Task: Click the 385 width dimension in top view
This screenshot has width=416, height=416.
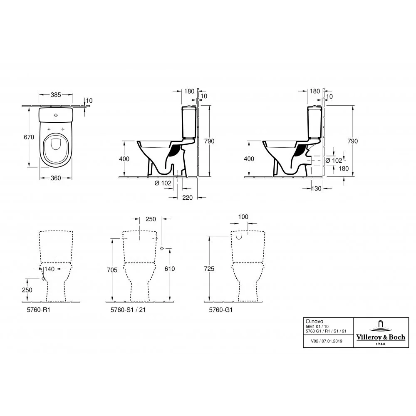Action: pos(56,95)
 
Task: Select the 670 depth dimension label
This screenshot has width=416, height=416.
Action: pos(29,137)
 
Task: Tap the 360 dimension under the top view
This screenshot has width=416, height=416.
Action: pos(56,178)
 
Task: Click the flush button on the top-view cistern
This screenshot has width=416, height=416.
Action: pos(56,115)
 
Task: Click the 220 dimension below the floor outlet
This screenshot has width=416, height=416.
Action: pos(187,198)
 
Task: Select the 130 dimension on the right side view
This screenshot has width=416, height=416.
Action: pos(316,188)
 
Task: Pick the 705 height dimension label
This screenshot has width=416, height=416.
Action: pos(112,270)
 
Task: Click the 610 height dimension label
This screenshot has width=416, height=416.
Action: pos(170,269)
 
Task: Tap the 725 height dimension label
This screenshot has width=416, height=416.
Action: pos(209,269)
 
